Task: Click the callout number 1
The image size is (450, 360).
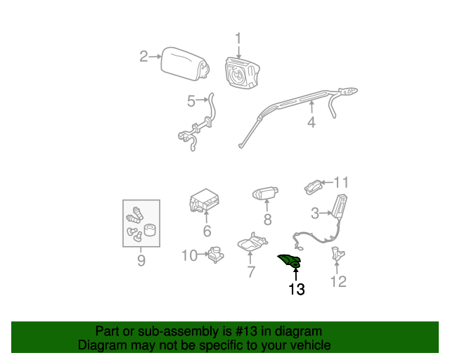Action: [x=238, y=39]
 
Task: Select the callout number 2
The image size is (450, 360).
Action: [x=143, y=56]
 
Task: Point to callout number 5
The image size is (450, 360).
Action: [x=191, y=101]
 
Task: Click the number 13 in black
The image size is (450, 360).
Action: [x=296, y=289]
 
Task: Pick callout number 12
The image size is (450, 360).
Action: [x=339, y=282]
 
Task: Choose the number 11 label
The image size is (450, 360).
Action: [x=341, y=182]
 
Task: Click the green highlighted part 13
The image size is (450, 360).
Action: [x=290, y=261]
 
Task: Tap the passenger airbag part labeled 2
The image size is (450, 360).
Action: [x=185, y=63]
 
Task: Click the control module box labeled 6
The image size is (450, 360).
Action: [x=204, y=202]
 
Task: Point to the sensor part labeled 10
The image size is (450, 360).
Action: [x=217, y=255]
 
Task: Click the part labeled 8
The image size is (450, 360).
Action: [x=266, y=193]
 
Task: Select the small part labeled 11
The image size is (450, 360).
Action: [x=313, y=186]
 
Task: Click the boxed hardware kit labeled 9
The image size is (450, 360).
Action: [x=141, y=224]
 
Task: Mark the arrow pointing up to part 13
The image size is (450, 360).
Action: [x=296, y=273]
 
